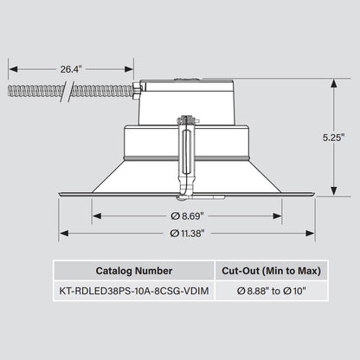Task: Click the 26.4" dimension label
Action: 71,69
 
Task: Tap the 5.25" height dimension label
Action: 334,138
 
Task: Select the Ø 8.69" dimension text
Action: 187,216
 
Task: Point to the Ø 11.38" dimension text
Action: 187,233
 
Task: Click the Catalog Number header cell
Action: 134,271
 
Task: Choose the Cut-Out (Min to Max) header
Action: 271,271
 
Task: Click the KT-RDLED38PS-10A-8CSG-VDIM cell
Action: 134,291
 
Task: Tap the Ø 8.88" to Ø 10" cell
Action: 271,291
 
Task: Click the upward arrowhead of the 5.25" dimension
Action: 334,84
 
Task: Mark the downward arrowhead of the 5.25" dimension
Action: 334,191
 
